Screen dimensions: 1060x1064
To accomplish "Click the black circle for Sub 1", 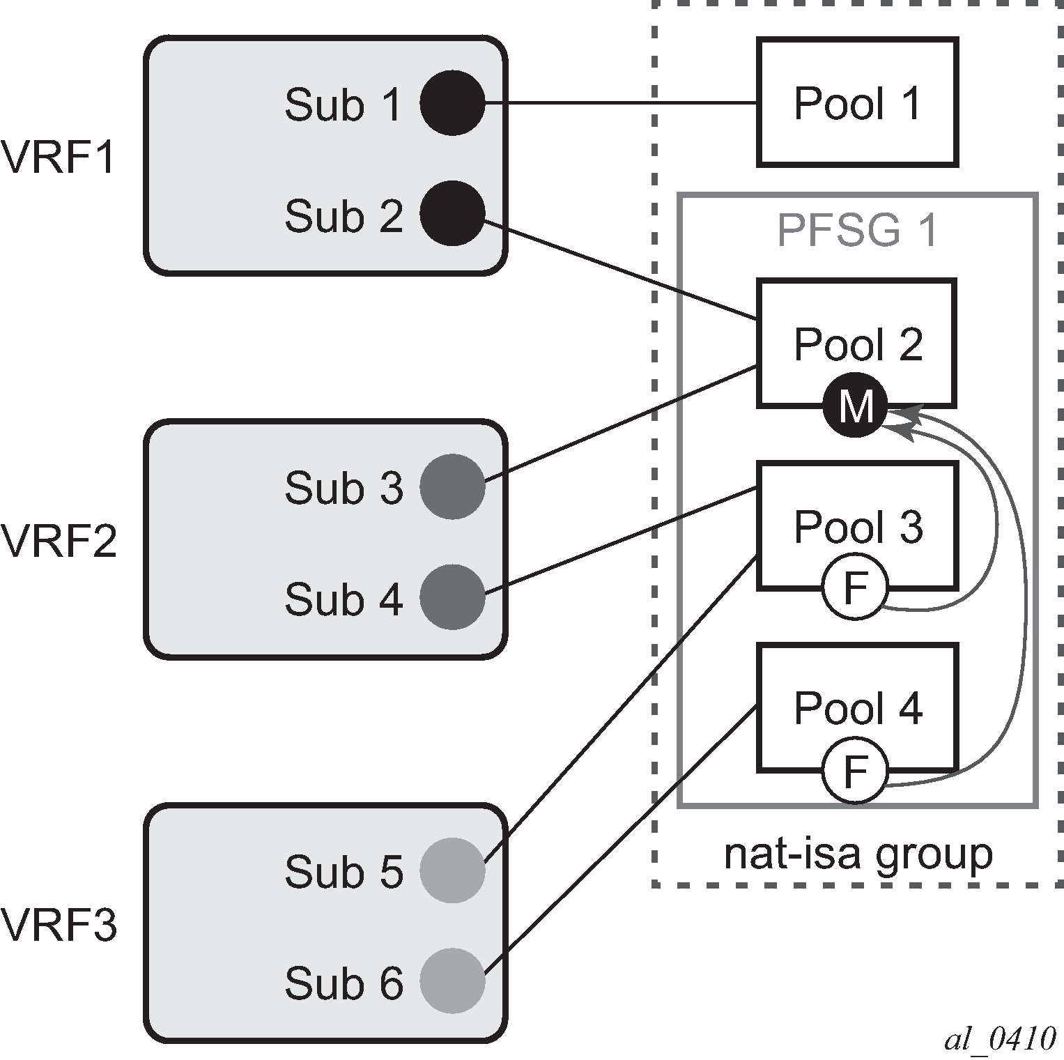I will click(452, 102).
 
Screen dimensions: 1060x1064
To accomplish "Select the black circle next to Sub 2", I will click(452, 213).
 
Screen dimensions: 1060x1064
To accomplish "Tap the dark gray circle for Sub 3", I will click(452, 486).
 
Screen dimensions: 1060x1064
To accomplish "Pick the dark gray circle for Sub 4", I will click(452, 597).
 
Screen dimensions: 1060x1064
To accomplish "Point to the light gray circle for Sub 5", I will click(452, 870).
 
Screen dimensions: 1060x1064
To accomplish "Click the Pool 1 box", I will click(857, 102).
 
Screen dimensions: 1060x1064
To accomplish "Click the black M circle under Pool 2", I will click(855, 406).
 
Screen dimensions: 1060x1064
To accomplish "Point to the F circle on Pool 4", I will click(855, 771).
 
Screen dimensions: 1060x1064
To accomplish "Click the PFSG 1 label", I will click(857, 230).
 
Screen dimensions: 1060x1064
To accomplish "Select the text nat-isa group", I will click(858, 854).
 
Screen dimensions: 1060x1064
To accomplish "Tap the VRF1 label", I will click(58, 158).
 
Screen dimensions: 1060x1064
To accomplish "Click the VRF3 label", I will click(59, 925).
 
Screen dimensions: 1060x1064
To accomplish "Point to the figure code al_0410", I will click(1000, 1038).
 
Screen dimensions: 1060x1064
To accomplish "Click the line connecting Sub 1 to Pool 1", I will click(620, 103).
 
